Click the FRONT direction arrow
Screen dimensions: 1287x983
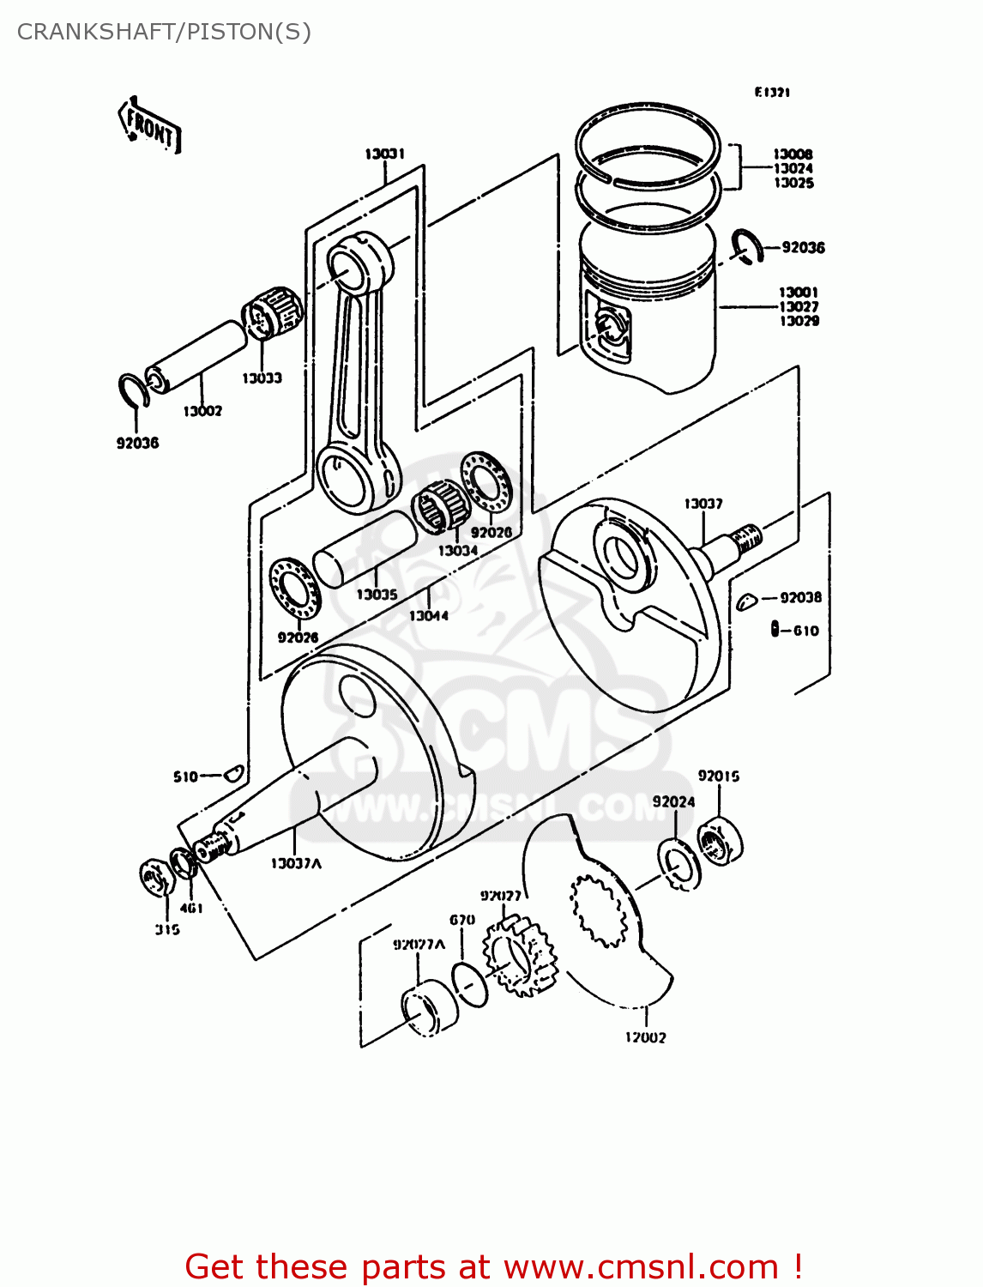click(x=149, y=126)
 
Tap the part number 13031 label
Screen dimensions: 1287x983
click(x=384, y=154)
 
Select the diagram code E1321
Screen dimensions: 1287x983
click(x=772, y=92)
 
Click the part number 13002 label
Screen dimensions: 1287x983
click(x=202, y=411)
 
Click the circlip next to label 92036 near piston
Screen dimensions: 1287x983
click(x=747, y=246)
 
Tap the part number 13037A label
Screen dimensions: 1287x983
click(x=296, y=863)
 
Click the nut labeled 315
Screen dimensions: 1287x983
click(x=154, y=878)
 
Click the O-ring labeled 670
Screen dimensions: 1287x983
click(x=470, y=983)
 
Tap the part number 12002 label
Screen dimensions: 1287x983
click(x=645, y=1037)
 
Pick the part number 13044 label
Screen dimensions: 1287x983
click(x=428, y=615)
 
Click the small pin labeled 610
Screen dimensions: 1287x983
click(x=775, y=630)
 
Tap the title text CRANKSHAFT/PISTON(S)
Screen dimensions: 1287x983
click(x=164, y=32)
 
